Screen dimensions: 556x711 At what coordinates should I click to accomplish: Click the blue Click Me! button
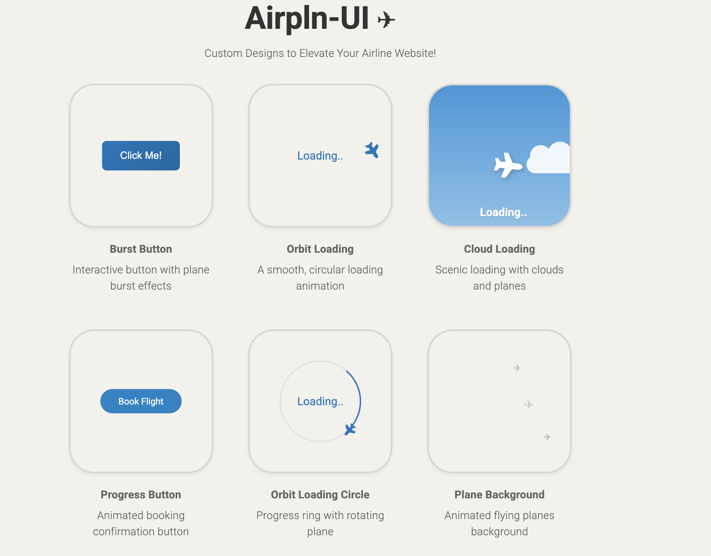pyautogui.click(x=141, y=155)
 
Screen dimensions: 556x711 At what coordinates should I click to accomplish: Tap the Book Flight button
pyautogui.click(x=141, y=401)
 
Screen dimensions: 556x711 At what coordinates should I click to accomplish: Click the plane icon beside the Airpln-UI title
pyautogui.click(x=386, y=20)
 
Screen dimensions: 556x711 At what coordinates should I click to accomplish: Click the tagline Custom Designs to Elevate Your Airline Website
pyautogui.click(x=320, y=53)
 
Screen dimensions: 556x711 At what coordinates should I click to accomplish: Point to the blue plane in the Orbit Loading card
pyautogui.click(x=372, y=150)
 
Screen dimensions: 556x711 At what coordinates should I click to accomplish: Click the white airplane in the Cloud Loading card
pyautogui.click(x=507, y=165)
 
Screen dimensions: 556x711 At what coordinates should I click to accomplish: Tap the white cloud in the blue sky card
pyautogui.click(x=549, y=158)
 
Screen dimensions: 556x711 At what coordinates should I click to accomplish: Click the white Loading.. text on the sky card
pyautogui.click(x=503, y=212)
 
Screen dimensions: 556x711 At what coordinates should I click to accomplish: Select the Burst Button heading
pyautogui.click(x=141, y=249)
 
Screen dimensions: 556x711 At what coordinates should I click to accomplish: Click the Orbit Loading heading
pyautogui.click(x=320, y=249)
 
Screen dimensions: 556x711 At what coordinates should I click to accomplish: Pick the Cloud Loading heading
pyautogui.click(x=499, y=249)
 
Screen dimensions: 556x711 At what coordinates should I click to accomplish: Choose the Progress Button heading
pyautogui.click(x=141, y=494)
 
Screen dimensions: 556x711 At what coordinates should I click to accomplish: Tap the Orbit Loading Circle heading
pyautogui.click(x=320, y=494)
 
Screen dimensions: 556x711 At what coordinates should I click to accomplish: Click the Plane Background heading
pyautogui.click(x=499, y=494)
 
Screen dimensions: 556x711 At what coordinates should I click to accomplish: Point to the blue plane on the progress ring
pyautogui.click(x=350, y=429)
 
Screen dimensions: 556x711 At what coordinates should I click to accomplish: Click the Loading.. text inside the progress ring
pyautogui.click(x=320, y=401)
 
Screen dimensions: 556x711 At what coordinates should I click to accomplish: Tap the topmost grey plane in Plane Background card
pyautogui.click(x=517, y=368)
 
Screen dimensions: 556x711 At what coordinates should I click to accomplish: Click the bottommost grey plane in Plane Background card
pyautogui.click(x=547, y=437)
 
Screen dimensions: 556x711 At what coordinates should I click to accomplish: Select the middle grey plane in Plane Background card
pyautogui.click(x=528, y=405)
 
